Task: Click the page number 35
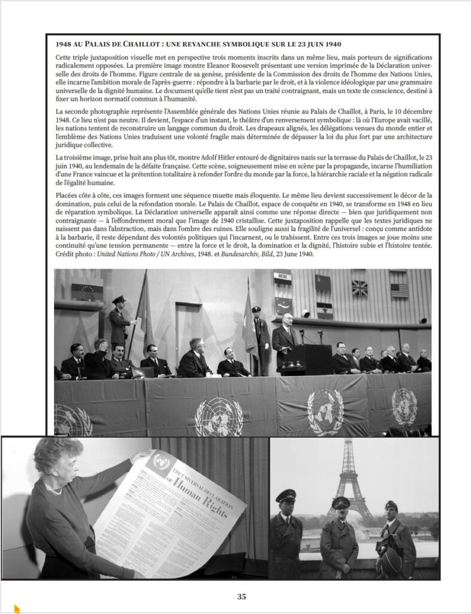(241, 596)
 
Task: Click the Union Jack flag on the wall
(360, 288)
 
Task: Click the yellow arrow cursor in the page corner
(17, 609)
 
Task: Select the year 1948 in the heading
(65, 44)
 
